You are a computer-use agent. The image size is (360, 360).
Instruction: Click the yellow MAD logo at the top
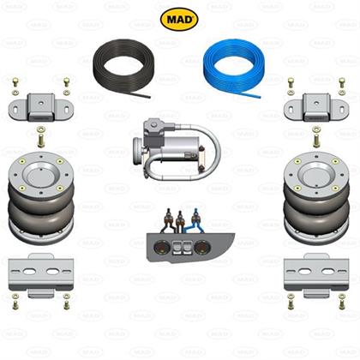coord(179,19)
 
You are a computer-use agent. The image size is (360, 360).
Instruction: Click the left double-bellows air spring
coord(41,198)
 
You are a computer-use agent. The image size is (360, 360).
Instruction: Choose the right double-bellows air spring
coord(316,198)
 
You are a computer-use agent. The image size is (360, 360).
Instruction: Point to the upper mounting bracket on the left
coord(41,107)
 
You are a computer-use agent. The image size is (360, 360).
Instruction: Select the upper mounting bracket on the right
coord(316,107)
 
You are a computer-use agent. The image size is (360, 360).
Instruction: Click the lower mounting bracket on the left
coord(41,275)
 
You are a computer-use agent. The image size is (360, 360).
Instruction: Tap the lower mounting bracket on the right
coord(316,275)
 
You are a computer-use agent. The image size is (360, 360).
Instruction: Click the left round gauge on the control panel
coord(159,248)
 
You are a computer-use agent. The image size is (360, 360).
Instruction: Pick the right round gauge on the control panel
coord(201,248)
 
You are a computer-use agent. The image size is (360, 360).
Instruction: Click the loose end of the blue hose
coord(260,97)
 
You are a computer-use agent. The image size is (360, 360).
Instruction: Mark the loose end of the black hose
coord(149,97)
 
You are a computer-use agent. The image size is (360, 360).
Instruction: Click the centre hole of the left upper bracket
coord(41,103)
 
